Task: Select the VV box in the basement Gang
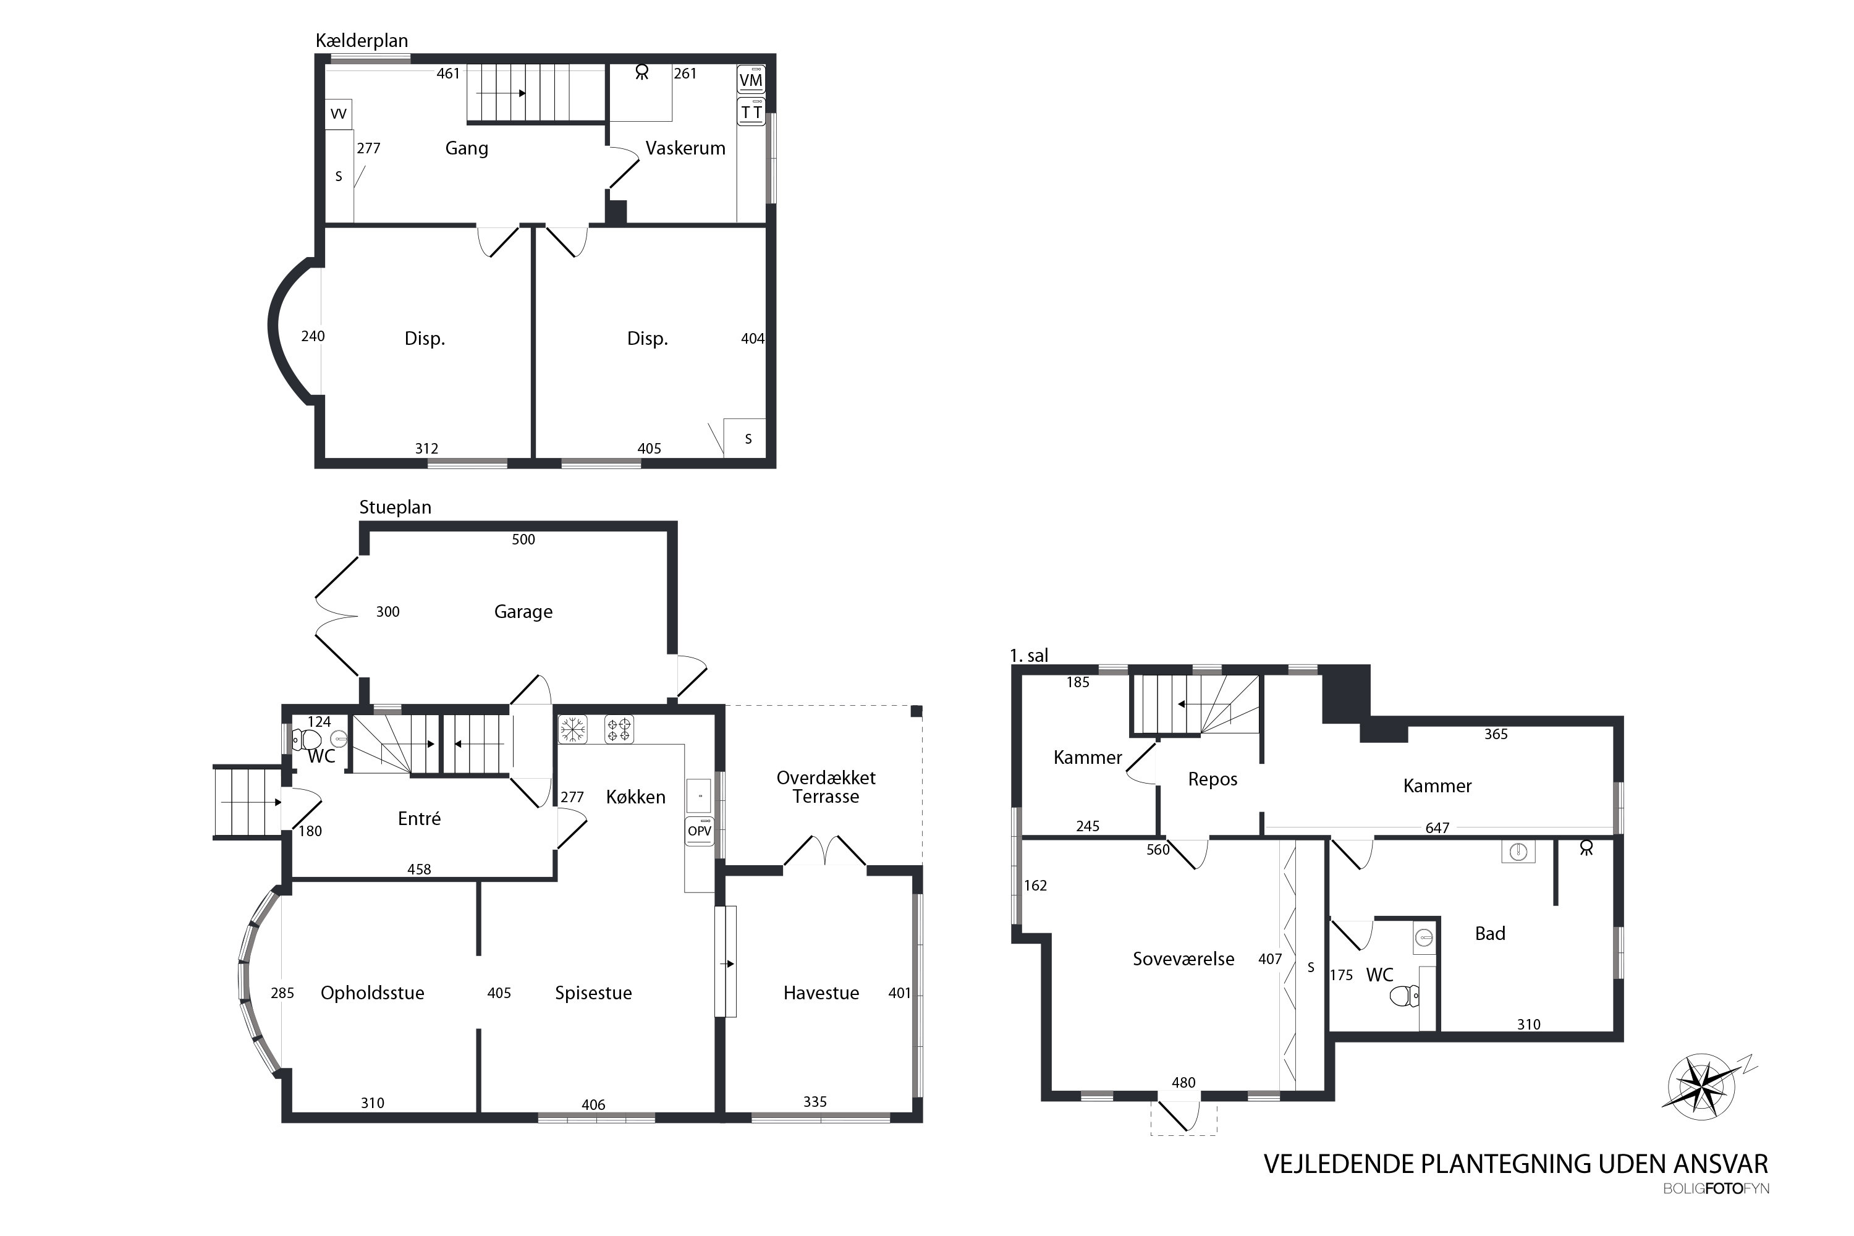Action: click(338, 114)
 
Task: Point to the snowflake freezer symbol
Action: click(573, 729)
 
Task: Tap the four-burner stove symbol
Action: click(619, 729)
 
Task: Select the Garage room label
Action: click(523, 612)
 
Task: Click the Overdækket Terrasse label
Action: click(826, 787)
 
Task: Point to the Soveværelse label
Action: click(1183, 959)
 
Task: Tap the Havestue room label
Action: click(821, 993)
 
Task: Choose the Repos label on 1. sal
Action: click(1213, 779)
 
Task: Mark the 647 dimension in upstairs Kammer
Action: click(1437, 828)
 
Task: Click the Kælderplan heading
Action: click(362, 41)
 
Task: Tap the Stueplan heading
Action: click(396, 507)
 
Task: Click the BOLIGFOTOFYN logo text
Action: click(1716, 1188)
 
